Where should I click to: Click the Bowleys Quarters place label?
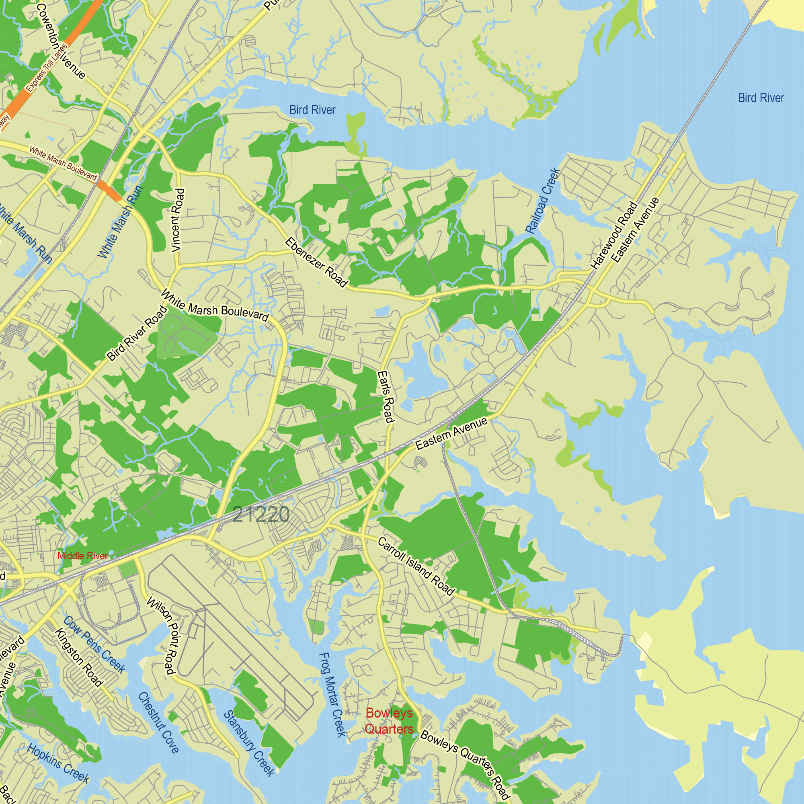[389, 720]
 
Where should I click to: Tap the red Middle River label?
[82, 556]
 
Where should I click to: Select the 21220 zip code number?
[261, 515]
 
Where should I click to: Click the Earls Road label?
[386, 396]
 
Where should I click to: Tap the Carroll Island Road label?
[416, 566]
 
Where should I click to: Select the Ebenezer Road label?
[316, 263]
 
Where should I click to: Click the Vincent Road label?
[178, 220]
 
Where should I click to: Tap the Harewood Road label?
[614, 236]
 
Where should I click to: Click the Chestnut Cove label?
[158, 722]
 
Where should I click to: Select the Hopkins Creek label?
[58, 763]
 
